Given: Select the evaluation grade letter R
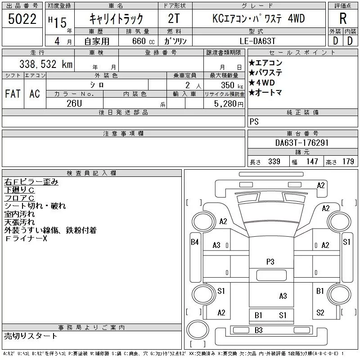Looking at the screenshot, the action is (342, 19).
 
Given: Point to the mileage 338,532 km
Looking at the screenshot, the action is (45, 64).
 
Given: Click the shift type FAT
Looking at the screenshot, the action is (13, 94).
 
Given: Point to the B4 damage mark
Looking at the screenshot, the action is (195, 242).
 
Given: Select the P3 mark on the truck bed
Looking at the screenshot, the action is (270, 261).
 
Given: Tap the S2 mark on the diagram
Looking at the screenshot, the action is (320, 312).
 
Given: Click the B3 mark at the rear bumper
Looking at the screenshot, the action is (258, 330).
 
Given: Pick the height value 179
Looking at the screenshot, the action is (348, 162).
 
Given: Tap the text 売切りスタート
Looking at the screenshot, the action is (31, 336).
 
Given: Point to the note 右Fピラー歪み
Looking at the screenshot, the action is (31, 182).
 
